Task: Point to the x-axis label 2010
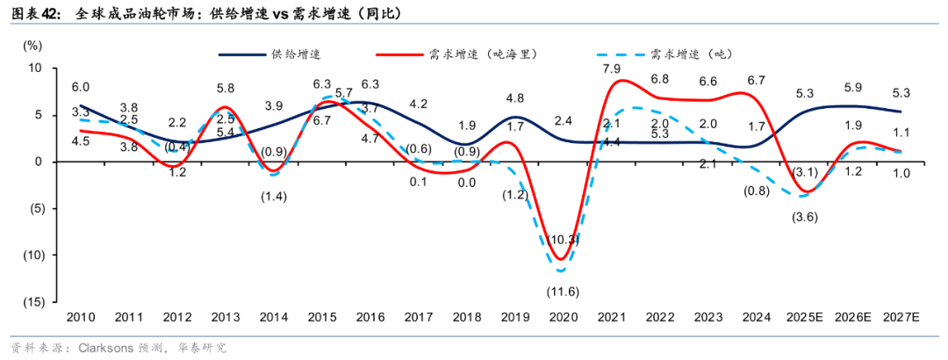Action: (x=80, y=316)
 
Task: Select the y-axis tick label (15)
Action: (x=32, y=301)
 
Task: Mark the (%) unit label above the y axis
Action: (x=32, y=43)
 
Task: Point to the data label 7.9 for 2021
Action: (x=612, y=68)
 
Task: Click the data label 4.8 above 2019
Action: (x=515, y=98)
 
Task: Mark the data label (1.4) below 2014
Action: (x=274, y=195)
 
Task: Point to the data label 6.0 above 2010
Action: (x=80, y=87)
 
